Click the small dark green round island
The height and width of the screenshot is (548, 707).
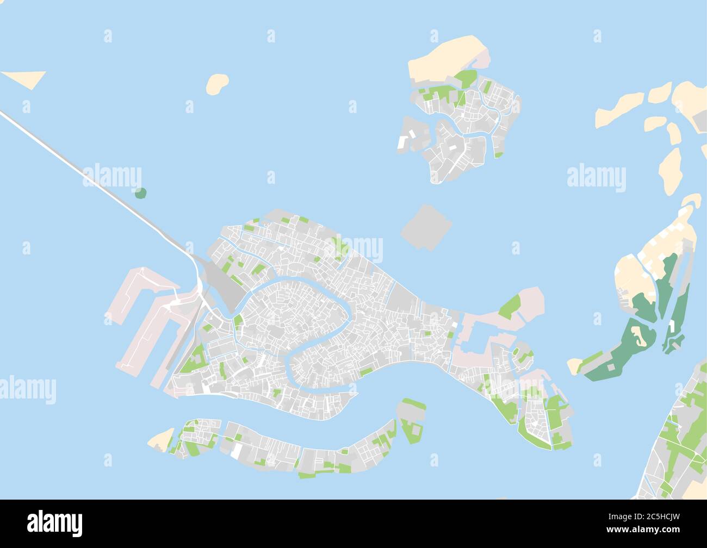[x=140, y=192]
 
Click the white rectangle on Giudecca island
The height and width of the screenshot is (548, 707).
[x=237, y=451]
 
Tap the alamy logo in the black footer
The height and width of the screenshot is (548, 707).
[x=54, y=523]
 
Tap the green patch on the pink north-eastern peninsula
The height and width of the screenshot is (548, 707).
[x=510, y=307]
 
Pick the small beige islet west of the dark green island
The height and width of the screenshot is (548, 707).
[x=574, y=366]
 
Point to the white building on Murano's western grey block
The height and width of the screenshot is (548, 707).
[x=404, y=141]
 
